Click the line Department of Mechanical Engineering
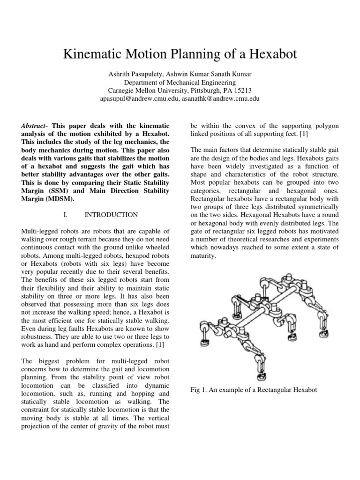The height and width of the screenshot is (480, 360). (180, 82)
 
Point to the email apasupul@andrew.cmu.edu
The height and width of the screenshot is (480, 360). (139, 99)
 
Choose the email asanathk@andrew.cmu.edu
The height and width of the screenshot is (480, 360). (220, 99)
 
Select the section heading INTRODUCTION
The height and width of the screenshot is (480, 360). (111, 215)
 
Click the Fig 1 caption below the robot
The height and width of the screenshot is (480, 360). (254, 390)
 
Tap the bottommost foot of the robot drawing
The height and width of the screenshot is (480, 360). (260, 376)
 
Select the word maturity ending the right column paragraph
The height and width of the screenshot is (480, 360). (203, 256)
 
